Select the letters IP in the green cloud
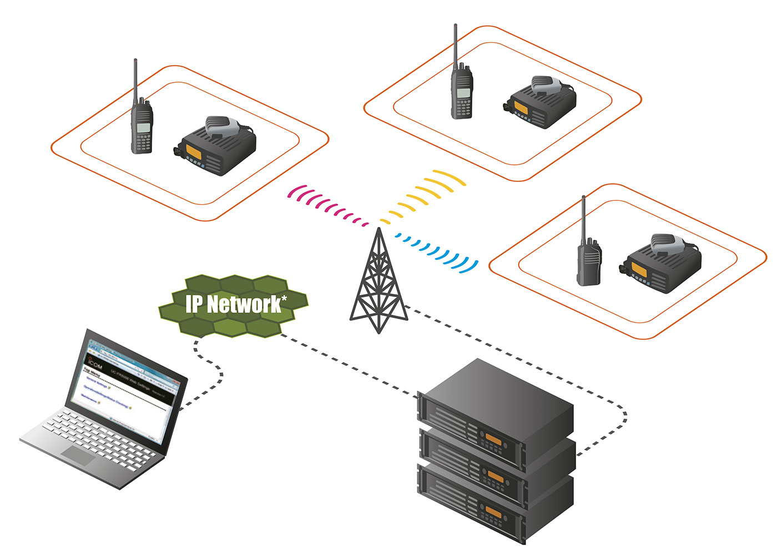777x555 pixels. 194,304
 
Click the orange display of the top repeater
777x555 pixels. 493,440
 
